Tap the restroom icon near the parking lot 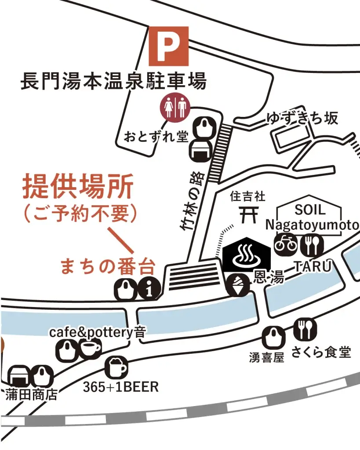click(x=175, y=107)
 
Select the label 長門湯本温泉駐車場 click(x=113, y=82)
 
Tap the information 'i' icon click(x=149, y=288)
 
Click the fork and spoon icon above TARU click(x=313, y=245)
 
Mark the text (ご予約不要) click(x=80, y=214)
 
